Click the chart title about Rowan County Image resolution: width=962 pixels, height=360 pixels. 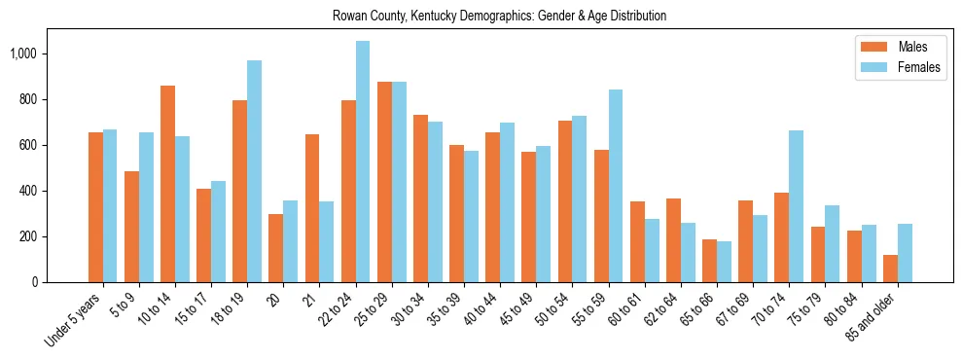(499, 17)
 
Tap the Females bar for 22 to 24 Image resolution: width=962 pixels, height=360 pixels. (363, 162)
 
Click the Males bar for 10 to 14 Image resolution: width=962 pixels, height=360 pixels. (167, 184)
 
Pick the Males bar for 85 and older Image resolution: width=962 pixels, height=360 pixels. (891, 269)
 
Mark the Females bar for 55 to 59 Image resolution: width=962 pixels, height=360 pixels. (616, 186)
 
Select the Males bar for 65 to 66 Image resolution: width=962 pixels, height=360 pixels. (710, 261)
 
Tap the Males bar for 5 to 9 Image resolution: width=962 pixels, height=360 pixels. (131, 227)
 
